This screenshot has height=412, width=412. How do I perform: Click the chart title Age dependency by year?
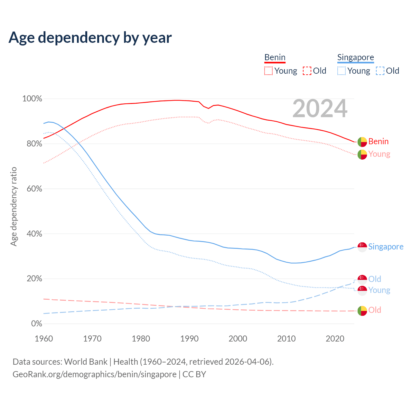tap(90, 37)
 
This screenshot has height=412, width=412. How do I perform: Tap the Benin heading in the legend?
tap(275, 57)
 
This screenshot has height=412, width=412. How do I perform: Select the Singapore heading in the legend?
tap(355, 57)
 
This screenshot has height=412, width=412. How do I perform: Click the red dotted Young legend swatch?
tap(268, 71)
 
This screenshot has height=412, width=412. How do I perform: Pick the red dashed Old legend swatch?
tap(307, 71)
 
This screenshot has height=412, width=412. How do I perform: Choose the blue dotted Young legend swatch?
tap(342, 71)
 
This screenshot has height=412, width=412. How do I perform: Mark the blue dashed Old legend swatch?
tap(380, 71)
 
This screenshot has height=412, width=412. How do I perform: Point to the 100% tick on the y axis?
tap(32, 99)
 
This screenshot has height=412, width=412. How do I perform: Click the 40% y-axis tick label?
tap(34, 234)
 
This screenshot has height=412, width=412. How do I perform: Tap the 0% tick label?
tap(36, 323)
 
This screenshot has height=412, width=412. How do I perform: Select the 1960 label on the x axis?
tap(44, 339)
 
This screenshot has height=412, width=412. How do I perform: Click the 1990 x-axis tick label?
tap(189, 339)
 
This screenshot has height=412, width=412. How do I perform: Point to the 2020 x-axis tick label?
tap(335, 339)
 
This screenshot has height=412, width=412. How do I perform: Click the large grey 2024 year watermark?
tap(320, 108)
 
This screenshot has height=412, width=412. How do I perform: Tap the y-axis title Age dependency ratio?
tap(14, 206)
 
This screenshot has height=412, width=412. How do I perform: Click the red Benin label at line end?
tap(378, 141)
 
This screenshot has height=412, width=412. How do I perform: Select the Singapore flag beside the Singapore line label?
tap(362, 247)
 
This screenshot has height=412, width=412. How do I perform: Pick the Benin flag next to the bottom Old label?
tap(362, 311)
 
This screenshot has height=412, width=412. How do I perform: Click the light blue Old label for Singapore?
tap(375, 279)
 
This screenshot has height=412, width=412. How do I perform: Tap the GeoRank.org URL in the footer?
tap(94, 374)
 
